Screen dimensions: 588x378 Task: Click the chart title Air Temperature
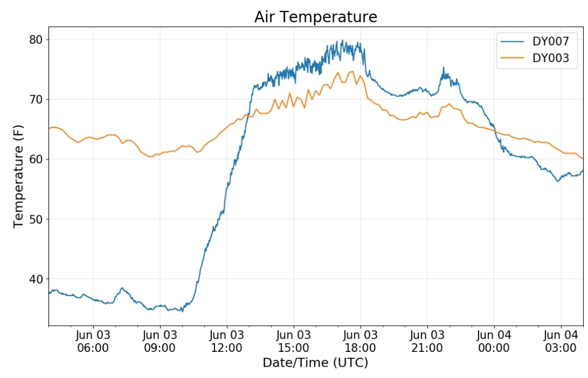(x=316, y=17)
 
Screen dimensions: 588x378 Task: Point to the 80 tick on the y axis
(x=36, y=40)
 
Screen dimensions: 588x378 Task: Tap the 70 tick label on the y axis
(x=36, y=100)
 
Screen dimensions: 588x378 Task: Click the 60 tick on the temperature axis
(x=36, y=159)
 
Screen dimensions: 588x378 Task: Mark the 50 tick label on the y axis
(x=36, y=219)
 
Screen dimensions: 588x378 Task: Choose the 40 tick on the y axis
(x=36, y=279)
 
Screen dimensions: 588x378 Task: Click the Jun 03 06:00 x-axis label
(x=93, y=341)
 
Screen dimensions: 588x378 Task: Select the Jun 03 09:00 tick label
(x=160, y=341)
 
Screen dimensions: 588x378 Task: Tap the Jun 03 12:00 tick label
(x=226, y=341)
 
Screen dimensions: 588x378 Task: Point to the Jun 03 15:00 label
(x=293, y=341)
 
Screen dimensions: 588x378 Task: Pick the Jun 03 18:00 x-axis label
(x=360, y=341)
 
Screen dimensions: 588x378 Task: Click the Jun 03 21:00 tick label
(x=427, y=341)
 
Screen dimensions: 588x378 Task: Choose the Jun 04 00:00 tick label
(x=494, y=341)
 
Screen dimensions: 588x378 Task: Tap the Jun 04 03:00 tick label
(x=561, y=341)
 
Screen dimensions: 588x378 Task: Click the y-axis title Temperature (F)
(x=19, y=176)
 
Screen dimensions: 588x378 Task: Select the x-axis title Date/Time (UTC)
(x=315, y=363)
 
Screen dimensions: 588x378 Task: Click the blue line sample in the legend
(x=512, y=41)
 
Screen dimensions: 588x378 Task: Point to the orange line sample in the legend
(x=512, y=58)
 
